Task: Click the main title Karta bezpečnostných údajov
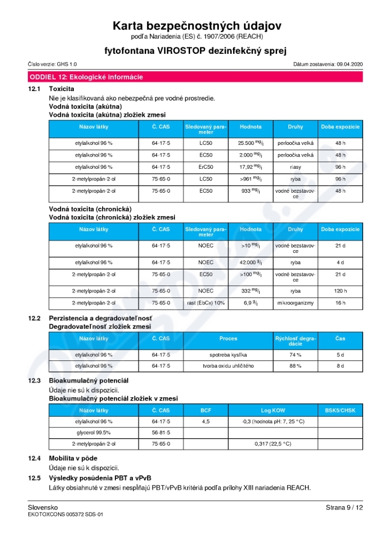coord(197,26)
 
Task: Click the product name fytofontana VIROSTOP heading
coord(195,51)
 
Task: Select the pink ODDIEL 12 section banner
coord(195,77)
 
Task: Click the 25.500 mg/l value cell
coord(250,143)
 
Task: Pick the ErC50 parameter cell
coord(206,167)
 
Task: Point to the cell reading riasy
coord(295,167)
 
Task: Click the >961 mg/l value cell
coord(250,179)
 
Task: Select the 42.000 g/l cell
coord(250,262)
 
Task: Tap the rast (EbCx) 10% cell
coord(206,303)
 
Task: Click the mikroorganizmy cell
coord(295,303)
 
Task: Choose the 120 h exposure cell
coord(340,291)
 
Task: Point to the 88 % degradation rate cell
coord(295,366)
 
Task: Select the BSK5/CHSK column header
coord(340,410)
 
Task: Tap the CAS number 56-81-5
coord(161,433)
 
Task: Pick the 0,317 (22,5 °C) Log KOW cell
coord(273,444)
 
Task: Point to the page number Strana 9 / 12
coord(344,508)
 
